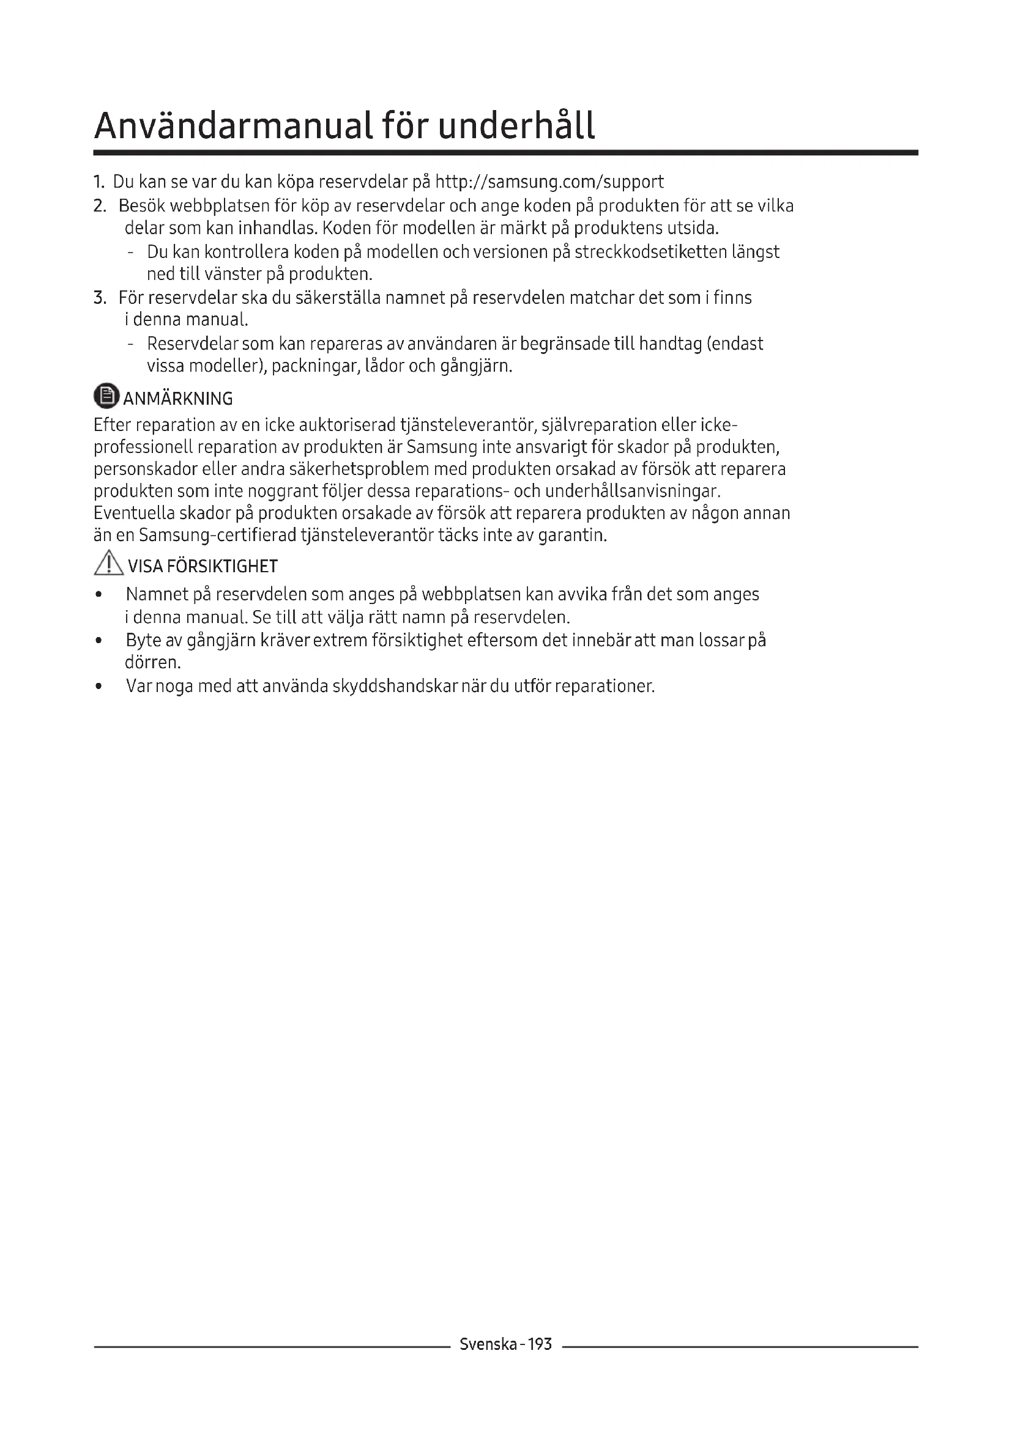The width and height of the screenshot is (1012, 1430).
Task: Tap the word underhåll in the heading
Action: coord(516,126)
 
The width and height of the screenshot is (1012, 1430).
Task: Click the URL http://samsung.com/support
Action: coord(549,182)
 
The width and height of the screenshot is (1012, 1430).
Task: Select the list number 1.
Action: coord(98,182)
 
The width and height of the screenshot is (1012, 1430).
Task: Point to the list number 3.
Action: coord(99,298)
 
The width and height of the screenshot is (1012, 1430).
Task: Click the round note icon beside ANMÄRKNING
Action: coord(106,396)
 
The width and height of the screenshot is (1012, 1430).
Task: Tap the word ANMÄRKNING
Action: coord(178,399)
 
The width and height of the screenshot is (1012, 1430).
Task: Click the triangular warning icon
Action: coord(108,564)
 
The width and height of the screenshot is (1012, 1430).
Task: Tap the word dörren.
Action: coord(153,662)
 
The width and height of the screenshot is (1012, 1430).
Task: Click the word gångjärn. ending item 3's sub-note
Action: coord(476,366)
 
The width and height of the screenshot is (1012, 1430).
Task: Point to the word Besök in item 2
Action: coord(141,205)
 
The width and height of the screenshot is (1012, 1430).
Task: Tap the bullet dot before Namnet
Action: coord(99,595)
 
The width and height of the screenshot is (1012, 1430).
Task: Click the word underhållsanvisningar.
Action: coord(633,492)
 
